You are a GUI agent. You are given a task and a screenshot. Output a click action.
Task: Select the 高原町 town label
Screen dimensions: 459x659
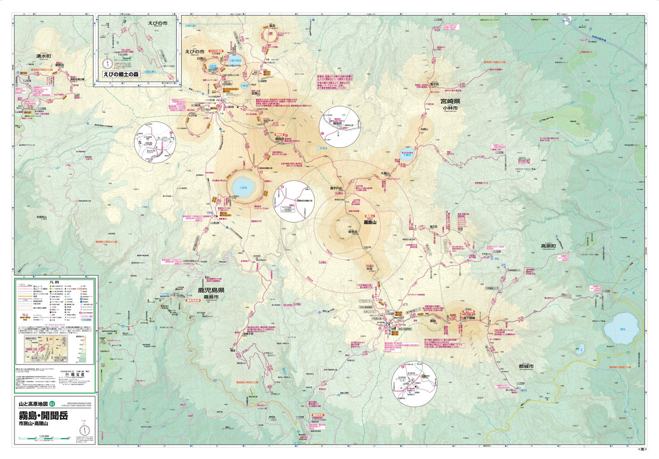pyautogui.click(x=548, y=246)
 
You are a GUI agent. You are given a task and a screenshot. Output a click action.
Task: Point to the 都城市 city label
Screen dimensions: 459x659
pyautogui.click(x=526, y=366)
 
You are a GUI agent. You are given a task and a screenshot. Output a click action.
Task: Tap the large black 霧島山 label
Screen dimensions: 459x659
pyautogui.click(x=370, y=222)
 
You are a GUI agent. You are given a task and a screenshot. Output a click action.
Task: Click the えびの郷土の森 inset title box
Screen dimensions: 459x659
pyautogui.click(x=120, y=74)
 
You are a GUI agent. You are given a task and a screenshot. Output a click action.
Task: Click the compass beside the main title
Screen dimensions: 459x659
pyautogui.click(x=84, y=430)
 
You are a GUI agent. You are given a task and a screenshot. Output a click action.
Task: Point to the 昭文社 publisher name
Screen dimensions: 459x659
pyautogui.click(x=69, y=374)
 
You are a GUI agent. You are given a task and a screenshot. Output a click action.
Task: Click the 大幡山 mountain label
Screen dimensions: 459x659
pyautogui.click(x=384, y=174)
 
